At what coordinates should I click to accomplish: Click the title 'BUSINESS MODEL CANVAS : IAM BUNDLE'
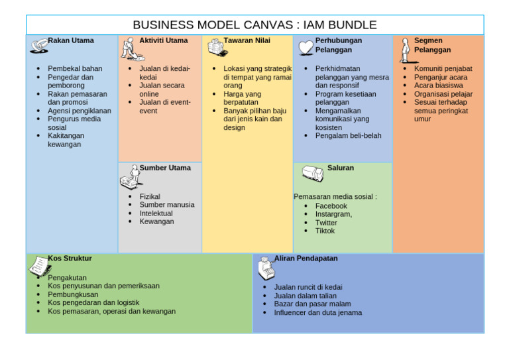(254, 25)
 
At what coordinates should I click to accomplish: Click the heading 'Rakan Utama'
(71, 40)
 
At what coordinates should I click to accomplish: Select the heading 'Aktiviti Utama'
(163, 40)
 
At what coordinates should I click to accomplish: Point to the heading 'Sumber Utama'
(165, 168)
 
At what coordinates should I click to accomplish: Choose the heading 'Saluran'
(341, 168)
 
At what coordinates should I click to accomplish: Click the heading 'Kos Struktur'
(70, 258)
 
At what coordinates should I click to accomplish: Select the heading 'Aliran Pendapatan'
(306, 258)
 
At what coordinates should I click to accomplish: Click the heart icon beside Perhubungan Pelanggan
(305, 47)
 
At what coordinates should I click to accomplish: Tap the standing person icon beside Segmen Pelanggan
(404, 50)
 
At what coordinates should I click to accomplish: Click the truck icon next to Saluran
(312, 174)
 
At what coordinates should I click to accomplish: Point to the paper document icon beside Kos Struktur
(38, 267)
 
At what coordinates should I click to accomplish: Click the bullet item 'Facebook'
(331, 206)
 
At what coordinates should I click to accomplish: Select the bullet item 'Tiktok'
(325, 231)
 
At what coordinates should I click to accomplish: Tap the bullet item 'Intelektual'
(156, 213)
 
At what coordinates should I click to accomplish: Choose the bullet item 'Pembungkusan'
(73, 294)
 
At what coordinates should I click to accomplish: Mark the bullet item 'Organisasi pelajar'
(443, 94)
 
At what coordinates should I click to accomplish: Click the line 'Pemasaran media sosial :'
(335, 196)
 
